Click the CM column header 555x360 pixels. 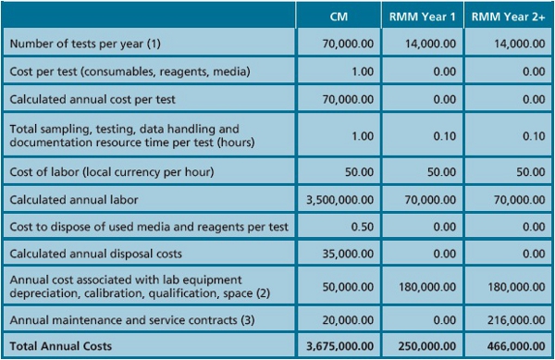339,17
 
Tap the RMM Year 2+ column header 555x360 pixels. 508,17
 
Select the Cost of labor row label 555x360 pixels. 108,173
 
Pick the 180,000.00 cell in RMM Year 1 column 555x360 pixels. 429,286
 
